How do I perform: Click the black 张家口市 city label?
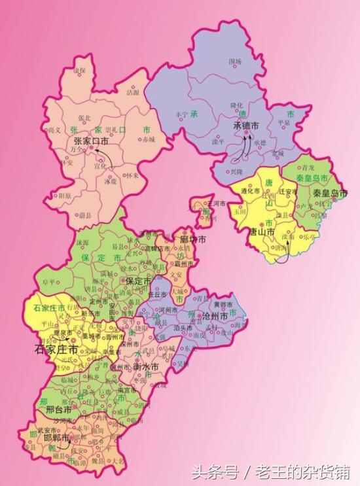click(90, 141)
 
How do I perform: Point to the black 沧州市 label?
click(217, 316)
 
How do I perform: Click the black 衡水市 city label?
click(146, 367)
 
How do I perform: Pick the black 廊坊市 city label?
click(193, 240)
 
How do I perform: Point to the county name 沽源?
click(133, 93)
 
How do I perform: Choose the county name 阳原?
click(65, 195)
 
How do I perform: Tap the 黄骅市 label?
click(222, 305)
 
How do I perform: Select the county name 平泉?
click(283, 122)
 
